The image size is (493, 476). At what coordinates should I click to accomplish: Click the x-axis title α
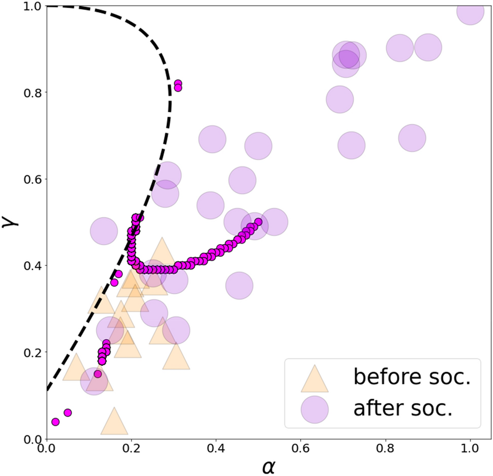pyautogui.click(x=268, y=465)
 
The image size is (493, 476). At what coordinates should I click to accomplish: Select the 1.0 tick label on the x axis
pyautogui.click(x=470, y=448)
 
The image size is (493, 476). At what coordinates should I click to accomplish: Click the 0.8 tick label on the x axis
pyautogui.click(x=386, y=448)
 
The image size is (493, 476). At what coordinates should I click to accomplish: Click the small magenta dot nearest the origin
pyautogui.click(x=55, y=422)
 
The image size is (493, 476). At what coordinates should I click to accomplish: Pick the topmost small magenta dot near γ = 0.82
pyautogui.click(x=178, y=84)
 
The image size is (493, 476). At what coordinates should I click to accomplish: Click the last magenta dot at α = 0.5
pyautogui.click(x=259, y=222)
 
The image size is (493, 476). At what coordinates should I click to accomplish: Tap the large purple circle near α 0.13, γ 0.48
pyautogui.click(x=103, y=231)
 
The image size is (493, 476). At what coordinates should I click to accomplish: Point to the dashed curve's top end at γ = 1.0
pyautogui.click(x=48, y=6)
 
